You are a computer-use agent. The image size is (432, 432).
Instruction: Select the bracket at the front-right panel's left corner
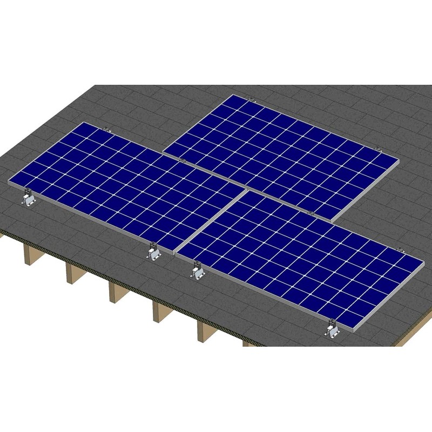197,269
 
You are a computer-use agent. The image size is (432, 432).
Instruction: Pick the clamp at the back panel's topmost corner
251,99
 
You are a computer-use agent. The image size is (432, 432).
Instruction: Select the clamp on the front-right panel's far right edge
400,249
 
